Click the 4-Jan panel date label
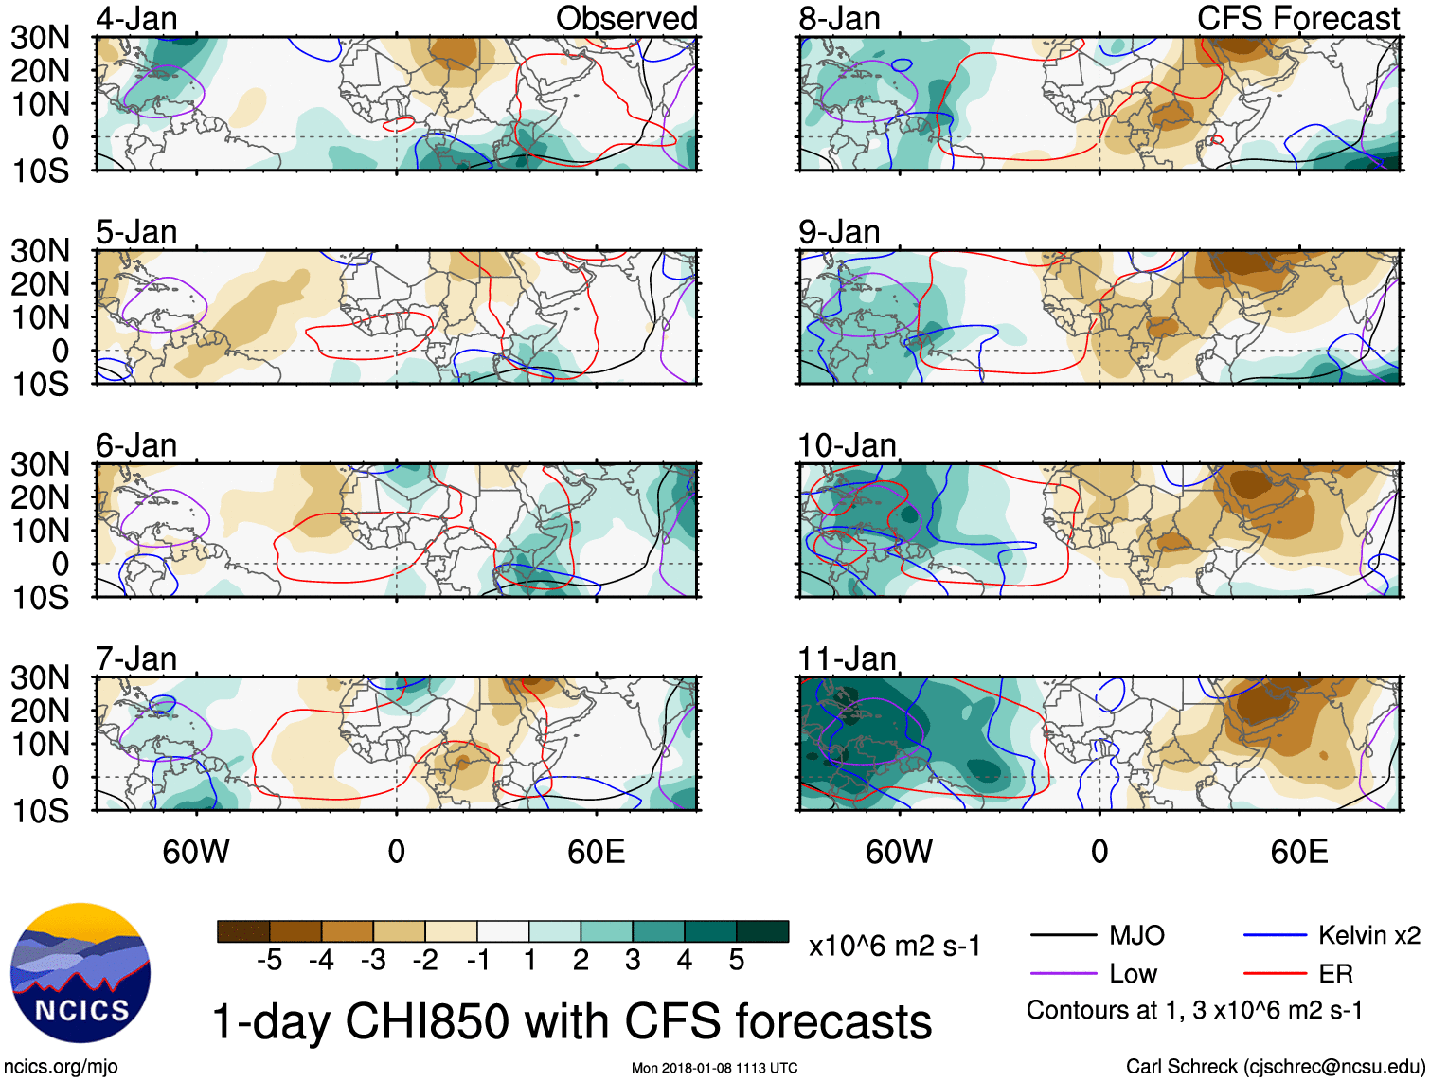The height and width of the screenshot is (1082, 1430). point(136,19)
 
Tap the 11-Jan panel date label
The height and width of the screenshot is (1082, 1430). point(847,658)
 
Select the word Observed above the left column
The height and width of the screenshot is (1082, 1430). point(626,18)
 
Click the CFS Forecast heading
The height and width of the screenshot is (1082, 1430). point(1297,18)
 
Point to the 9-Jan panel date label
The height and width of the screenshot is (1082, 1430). point(839,232)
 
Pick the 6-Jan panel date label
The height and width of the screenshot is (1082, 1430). point(136,445)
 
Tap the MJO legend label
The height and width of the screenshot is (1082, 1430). point(1136,936)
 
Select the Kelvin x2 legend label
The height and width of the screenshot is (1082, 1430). point(1368,936)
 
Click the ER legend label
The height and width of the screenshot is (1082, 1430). point(1335,974)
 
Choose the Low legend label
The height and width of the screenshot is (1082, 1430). point(1134,974)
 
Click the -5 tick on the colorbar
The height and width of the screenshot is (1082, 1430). point(269,961)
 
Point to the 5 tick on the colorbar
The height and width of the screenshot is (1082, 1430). point(737,961)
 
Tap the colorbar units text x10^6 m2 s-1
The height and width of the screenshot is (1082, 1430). point(895,947)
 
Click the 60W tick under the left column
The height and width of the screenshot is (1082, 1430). point(196,852)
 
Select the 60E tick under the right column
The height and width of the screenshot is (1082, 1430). point(1298,852)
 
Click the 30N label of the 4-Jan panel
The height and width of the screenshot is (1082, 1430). point(40,38)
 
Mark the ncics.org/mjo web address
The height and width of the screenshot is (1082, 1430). point(62,1067)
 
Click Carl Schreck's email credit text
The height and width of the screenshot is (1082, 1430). point(1275,1067)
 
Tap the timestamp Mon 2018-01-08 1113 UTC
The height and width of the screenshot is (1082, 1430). point(714,1069)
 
